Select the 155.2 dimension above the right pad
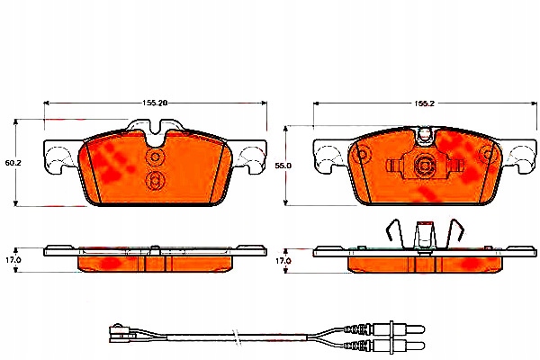point(425,103)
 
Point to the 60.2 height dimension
point(13,164)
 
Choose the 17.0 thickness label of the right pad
point(283,260)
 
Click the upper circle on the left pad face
point(154,158)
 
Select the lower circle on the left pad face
point(154,181)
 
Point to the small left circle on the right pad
point(362,155)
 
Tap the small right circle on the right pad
point(489,155)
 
